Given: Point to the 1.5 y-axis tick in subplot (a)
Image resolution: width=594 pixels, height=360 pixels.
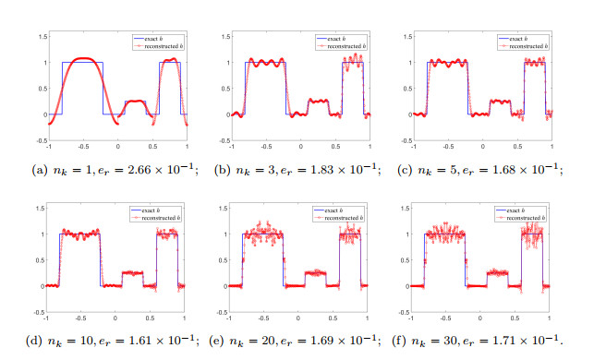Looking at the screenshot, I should (x=42, y=37).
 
